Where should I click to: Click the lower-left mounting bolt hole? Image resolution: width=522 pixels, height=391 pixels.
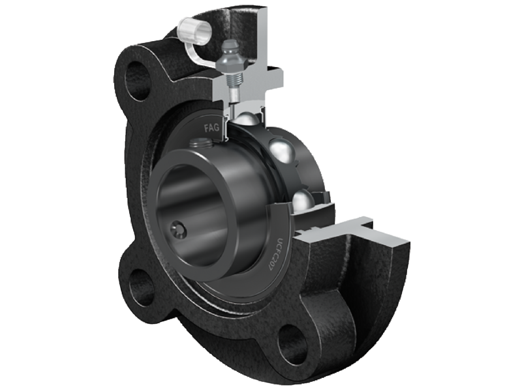[139, 287]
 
